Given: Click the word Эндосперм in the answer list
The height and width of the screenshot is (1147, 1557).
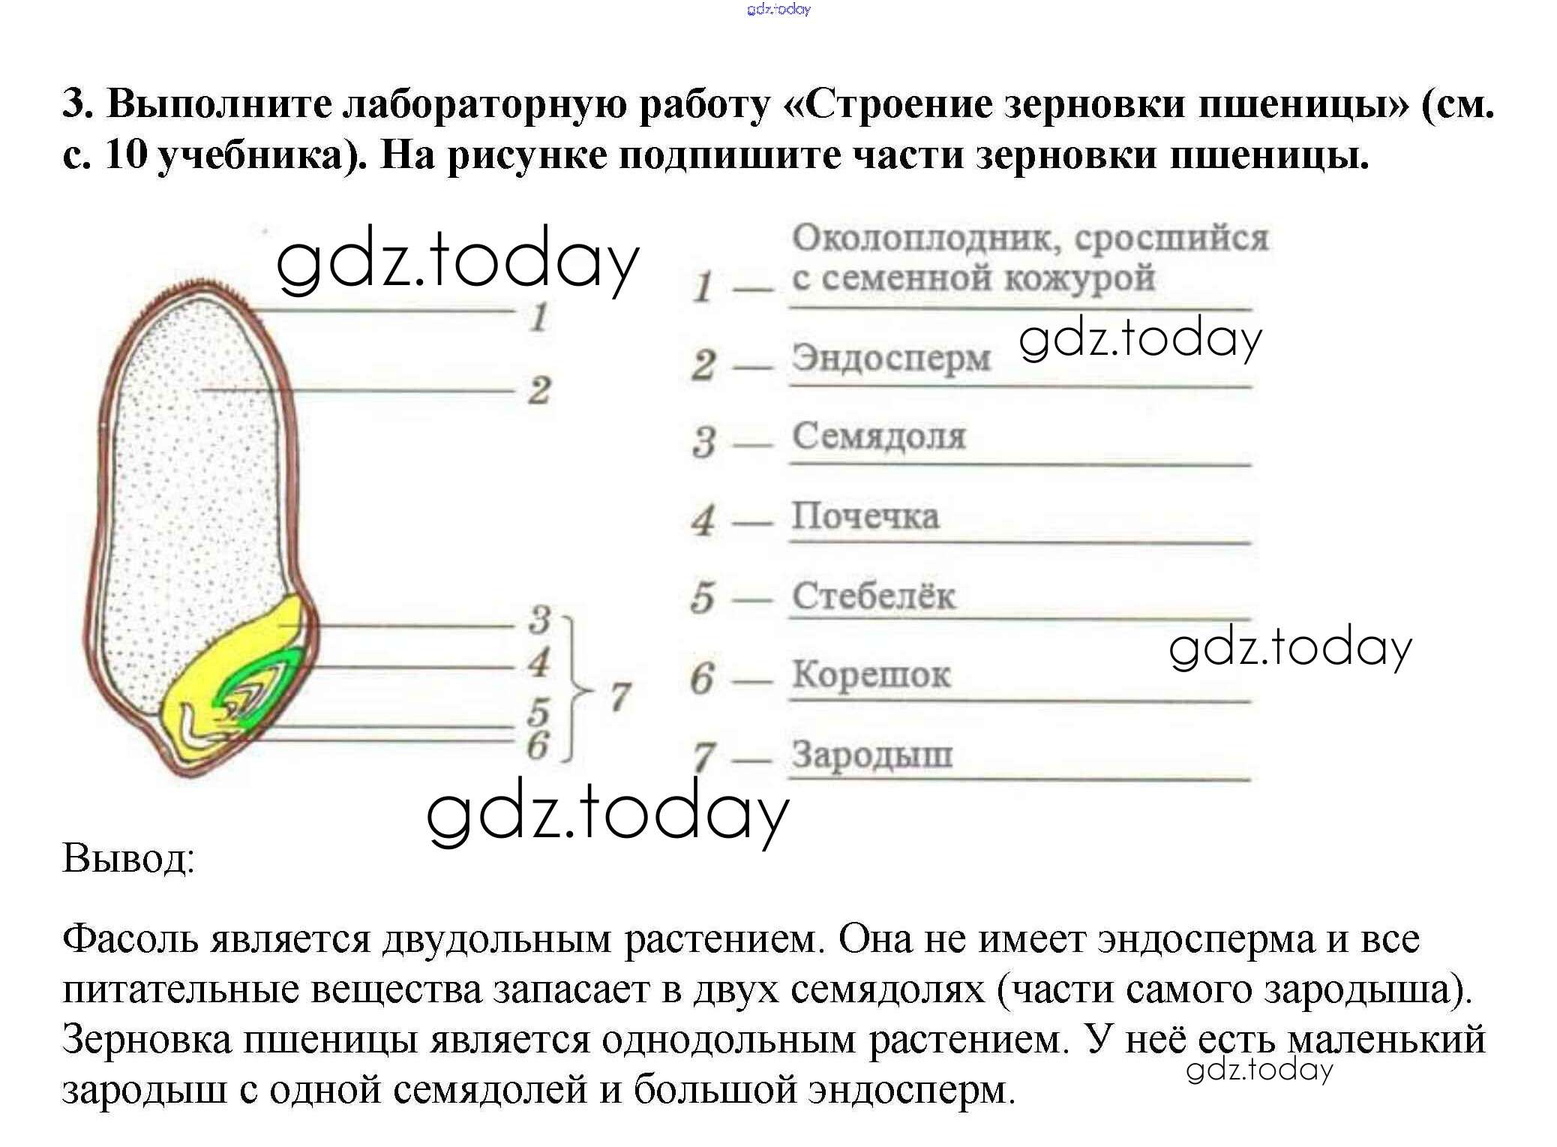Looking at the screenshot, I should [891, 358].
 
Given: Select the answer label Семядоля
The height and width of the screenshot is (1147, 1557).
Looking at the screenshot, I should [879, 436].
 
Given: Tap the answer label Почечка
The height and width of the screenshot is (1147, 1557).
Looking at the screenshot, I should [865, 516].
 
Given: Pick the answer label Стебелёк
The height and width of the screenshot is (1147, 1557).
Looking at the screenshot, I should [874, 596].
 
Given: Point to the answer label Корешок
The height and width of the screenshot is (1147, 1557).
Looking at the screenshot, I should [871, 674].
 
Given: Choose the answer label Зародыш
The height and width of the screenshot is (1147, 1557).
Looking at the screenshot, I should [872, 755].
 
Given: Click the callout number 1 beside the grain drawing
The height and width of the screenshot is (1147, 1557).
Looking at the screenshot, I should [538, 317].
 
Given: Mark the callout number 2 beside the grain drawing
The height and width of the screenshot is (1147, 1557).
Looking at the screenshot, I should [538, 391].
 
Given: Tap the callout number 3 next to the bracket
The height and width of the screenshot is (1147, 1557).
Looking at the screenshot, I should [538, 620].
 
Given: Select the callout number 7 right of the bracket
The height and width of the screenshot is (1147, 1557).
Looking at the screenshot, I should [619, 696].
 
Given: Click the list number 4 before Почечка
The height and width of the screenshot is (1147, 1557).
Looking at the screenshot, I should [703, 520].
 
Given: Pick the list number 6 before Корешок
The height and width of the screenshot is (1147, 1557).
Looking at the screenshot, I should [701, 678].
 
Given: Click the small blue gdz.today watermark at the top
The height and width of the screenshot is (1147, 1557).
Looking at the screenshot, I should [778, 9].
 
